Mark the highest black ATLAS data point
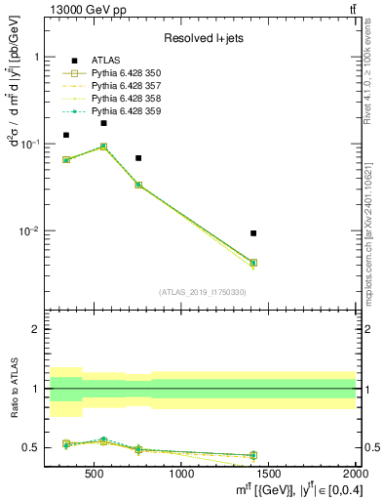[x=103, y=123]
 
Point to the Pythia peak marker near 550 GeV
[x=103, y=146]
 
